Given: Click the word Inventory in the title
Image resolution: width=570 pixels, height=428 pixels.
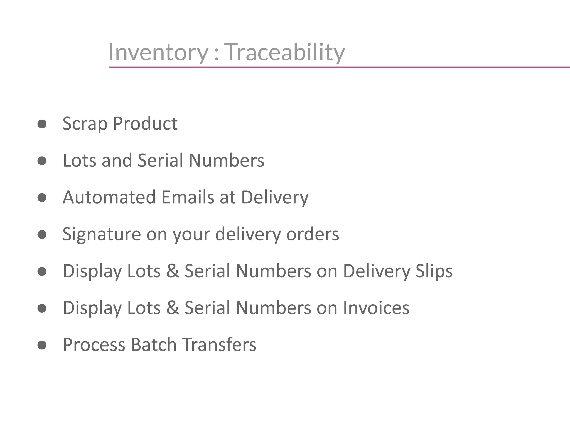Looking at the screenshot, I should coord(158,52).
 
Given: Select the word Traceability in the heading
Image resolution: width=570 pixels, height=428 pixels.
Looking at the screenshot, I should coord(284,52).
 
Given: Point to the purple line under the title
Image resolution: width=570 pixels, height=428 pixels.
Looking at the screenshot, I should coord(334,67).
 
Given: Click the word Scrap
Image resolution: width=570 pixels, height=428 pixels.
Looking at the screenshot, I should coord(85,123).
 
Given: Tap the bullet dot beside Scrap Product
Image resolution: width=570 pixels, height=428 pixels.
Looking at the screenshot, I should coord(42,124).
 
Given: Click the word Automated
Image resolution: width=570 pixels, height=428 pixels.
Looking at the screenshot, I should coord(109,197).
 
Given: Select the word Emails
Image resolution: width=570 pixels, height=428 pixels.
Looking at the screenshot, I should coord(188,197).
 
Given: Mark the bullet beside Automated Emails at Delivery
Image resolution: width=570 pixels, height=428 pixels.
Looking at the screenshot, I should coord(42,198).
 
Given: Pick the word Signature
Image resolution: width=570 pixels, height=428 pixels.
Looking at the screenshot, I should coord(102,234).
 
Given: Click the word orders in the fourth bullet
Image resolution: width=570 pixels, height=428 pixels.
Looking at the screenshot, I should coord(313,234).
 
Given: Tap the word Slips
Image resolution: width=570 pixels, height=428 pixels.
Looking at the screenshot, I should coord(434,271).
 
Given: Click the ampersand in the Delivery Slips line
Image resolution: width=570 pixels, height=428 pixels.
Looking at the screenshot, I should coord(173,271).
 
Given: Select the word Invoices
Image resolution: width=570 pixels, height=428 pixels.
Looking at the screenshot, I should coord(376,308).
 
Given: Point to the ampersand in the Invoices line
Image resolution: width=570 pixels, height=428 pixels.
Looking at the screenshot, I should coord(173,308).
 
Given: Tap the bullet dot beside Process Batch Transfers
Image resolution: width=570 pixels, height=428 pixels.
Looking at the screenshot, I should coord(42,345).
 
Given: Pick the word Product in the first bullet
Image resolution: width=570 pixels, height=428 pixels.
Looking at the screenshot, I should coord(145,123).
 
